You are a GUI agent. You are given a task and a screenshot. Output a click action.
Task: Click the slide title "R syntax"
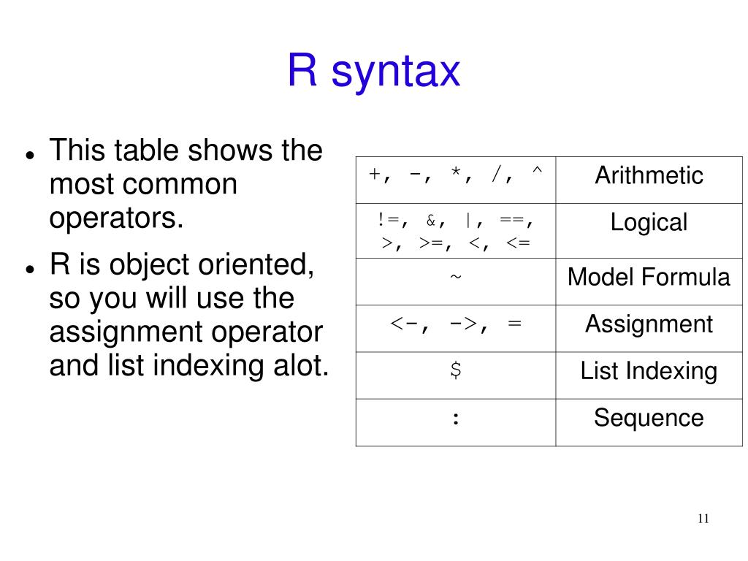coord(373,71)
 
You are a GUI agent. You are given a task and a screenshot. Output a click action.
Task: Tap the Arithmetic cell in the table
coord(649,175)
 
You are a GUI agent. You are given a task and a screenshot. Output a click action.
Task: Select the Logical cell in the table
coord(649,222)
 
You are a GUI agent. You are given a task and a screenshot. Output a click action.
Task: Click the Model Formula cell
coord(649,278)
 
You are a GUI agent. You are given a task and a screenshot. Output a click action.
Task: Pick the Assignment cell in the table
coord(649,324)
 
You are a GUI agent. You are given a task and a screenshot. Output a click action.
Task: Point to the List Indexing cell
coord(649,371)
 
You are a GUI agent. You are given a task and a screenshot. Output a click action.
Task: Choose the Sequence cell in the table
coord(649,418)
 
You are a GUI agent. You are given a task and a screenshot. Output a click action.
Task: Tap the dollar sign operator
coord(456,371)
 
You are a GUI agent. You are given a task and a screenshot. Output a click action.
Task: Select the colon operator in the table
coord(456,419)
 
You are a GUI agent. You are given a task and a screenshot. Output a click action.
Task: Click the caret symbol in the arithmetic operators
coord(537,175)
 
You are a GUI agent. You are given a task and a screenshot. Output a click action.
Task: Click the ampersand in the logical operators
coord(431,220)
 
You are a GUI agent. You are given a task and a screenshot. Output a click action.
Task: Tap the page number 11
coord(703,519)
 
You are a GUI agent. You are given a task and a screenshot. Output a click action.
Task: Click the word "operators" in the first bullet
coord(113,219)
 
